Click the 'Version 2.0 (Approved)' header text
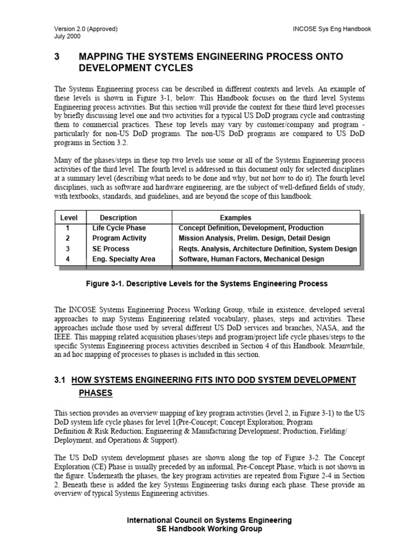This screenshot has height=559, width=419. click(86, 29)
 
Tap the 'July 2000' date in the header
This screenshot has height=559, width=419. click(68, 37)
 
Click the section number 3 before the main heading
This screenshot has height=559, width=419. click(57, 57)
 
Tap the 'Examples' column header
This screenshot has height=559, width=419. click(235, 218)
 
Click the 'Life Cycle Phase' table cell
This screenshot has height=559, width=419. click(119, 228)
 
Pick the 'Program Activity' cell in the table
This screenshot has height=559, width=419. click(119, 238)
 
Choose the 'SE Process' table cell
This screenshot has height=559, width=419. click(111, 248)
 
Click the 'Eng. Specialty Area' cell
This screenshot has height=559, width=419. click(123, 259)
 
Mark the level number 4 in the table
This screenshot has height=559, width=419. click(68, 259)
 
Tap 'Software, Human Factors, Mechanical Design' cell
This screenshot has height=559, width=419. click(251, 259)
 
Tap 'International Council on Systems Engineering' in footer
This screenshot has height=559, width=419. click(209, 520)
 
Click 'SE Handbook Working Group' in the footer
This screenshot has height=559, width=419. click(209, 529)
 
